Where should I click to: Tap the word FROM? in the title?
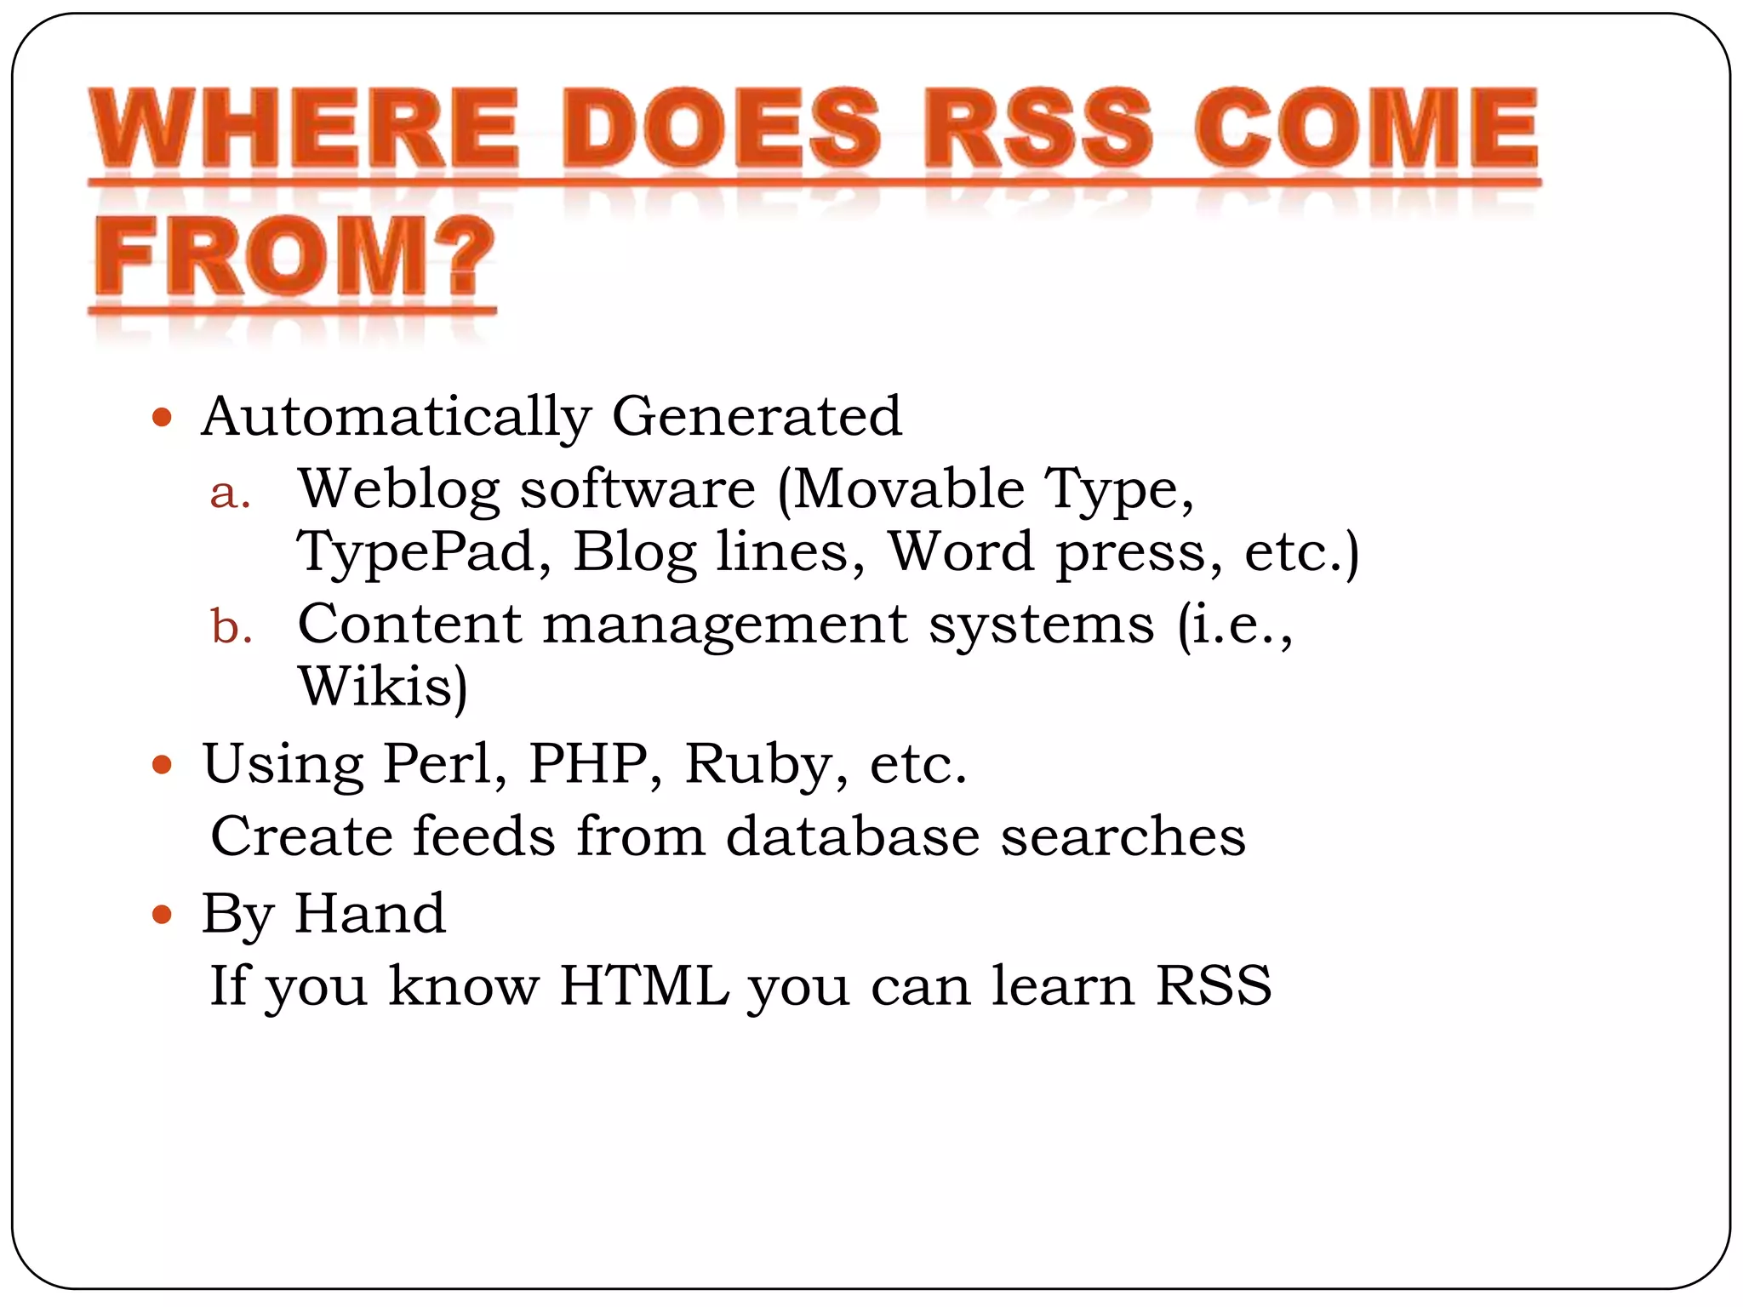pyautogui.click(x=294, y=256)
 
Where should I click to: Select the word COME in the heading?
pyautogui.click(x=1366, y=129)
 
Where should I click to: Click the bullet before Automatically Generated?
pyautogui.click(x=162, y=418)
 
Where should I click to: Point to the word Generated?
pyautogui.click(x=757, y=416)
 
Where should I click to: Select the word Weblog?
pyautogui.click(x=398, y=491)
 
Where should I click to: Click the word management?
pyautogui.click(x=725, y=626)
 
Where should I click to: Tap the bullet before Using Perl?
pyautogui.click(x=162, y=764)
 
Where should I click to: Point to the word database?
pyautogui.click(x=853, y=836)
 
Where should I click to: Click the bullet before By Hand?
pyautogui.click(x=162, y=916)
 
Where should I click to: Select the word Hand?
pyautogui.click(x=369, y=914)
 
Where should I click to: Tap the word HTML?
pyautogui.click(x=644, y=985)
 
